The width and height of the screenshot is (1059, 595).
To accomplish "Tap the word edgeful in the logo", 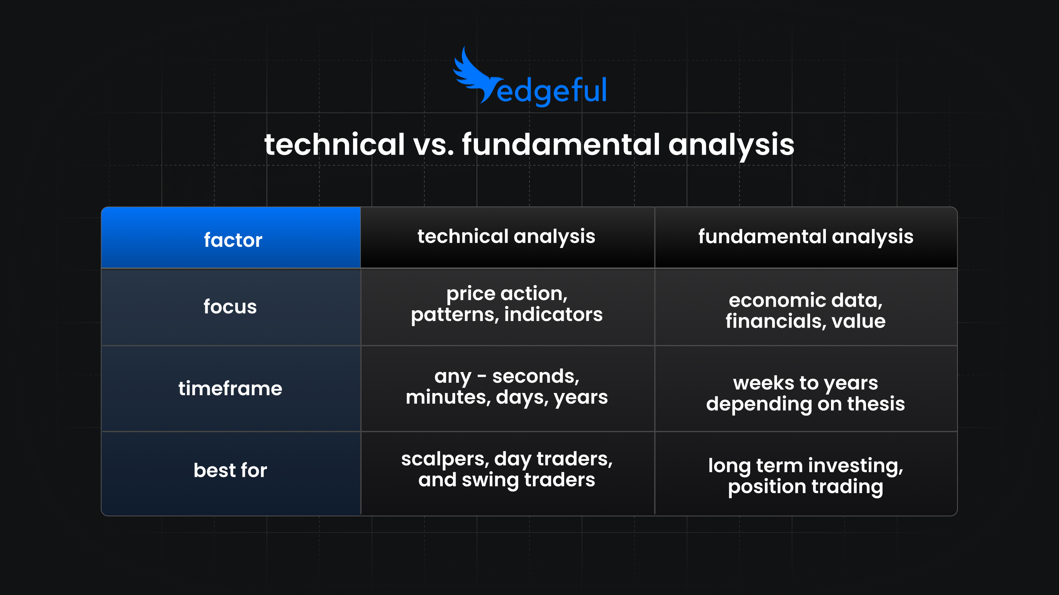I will [x=551, y=90].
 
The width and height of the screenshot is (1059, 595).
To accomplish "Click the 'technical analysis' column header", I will [x=506, y=237].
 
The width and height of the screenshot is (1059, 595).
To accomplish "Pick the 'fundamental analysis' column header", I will [x=805, y=237].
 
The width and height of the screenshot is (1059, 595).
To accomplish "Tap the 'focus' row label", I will [x=230, y=307].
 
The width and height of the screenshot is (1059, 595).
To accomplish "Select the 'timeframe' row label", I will [x=230, y=389].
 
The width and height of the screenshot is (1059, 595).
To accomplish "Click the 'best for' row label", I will [x=230, y=470].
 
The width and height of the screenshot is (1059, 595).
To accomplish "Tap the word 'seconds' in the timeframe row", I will [x=535, y=376].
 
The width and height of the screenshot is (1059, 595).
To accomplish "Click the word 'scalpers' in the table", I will [x=445, y=459].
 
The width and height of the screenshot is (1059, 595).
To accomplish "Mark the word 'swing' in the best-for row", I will [x=490, y=480].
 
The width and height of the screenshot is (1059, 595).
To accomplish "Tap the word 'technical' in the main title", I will [x=334, y=145].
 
